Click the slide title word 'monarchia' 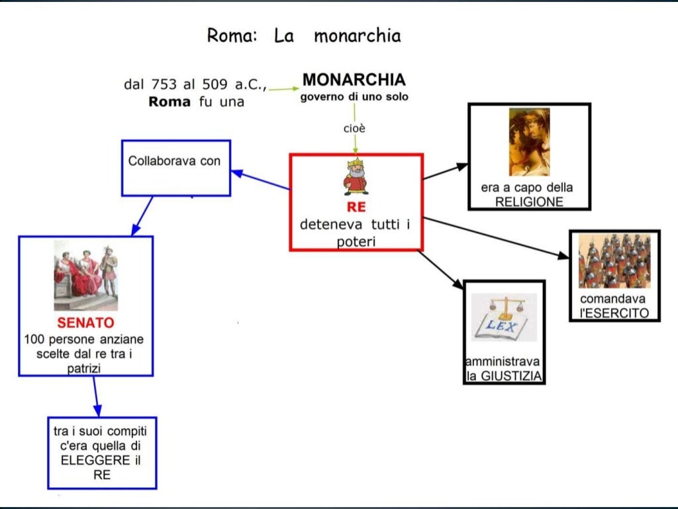[357, 35]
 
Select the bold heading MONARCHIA [354, 80]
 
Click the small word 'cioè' [354, 128]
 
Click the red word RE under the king [356, 206]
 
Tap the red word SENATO [85, 324]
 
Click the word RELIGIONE [529, 201]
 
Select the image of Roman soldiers [614, 261]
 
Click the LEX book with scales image [504, 318]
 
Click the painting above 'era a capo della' [529, 142]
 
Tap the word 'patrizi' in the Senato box [84, 368]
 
